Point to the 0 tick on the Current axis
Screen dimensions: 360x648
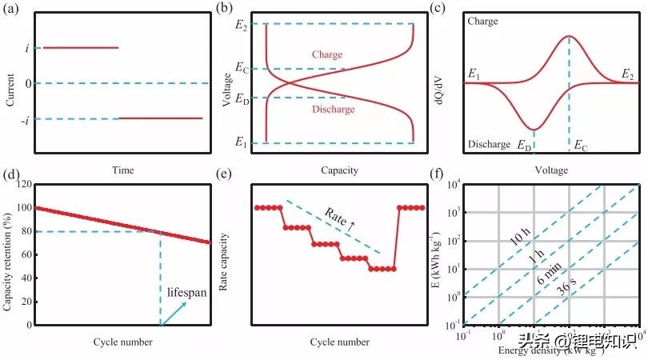pos(27,83)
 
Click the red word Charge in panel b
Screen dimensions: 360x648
pos(325,55)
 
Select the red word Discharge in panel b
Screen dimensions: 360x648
pos(330,109)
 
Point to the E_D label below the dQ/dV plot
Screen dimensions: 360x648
pos(524,146)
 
